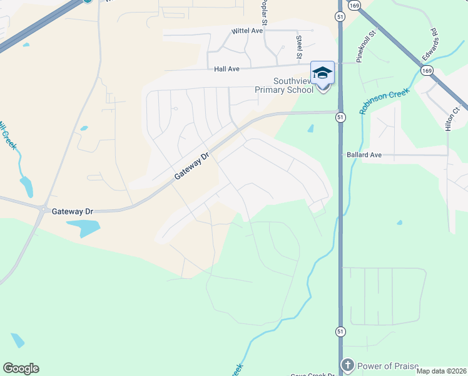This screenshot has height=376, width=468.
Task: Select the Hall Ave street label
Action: click(227, 70)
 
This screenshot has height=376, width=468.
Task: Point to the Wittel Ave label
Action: click(247, 31)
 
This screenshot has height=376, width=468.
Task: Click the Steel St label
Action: click(299, 44)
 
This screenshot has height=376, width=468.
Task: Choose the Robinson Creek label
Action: click(384, 101)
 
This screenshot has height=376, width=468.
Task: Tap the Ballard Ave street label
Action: click(364, 154)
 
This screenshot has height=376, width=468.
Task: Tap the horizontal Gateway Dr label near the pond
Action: click(73, 212)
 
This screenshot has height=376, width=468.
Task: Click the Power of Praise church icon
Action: click(348, 365)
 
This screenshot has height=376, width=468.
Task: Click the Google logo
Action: click(21, 368)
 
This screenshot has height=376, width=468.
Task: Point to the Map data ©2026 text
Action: click(442, 371)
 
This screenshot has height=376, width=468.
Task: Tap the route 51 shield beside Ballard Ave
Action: click(340, 117)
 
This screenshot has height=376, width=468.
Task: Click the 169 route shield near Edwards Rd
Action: click(427, 71)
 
